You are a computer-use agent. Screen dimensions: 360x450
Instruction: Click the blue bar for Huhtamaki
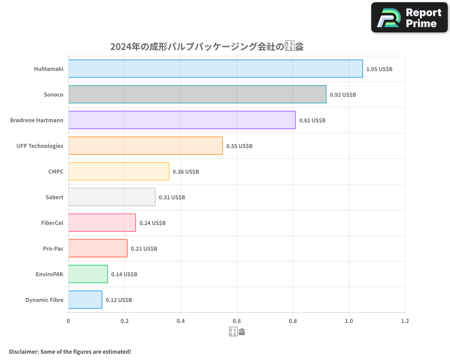point(216,69)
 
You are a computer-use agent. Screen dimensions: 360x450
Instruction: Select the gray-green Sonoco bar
point(197,94)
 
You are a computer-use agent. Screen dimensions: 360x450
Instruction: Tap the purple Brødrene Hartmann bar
point(182,120)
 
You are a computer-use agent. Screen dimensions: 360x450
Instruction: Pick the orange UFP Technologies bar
point(145,146)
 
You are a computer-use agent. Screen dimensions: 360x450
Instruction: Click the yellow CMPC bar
point(119,171)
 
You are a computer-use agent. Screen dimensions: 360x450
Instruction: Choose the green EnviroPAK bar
point(88,274)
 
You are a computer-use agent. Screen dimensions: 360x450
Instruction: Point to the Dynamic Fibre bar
point(85,300)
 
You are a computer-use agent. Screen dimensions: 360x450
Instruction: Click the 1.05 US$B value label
point(379,69)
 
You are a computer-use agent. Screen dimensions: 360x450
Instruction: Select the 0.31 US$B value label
point(172,198)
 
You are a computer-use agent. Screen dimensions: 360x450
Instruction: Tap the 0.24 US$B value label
point(153,223)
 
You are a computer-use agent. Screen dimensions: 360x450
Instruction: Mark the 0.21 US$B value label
point(144,249)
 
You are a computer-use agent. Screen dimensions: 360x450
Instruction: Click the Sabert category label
point(54,197)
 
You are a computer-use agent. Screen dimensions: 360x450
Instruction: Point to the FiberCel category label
point(52,223)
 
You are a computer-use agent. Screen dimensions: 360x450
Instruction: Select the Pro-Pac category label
point(53,248)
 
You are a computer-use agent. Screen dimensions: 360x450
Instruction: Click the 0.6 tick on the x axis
point(237,321)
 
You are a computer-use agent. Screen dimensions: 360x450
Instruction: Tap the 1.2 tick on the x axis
point(405,321)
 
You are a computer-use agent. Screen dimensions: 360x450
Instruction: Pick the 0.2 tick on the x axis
point(125,321)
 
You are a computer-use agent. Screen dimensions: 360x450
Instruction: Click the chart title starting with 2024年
point(207,47)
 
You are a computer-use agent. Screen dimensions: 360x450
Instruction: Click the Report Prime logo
point(409,18)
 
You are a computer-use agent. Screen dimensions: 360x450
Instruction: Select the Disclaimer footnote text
point(70,351)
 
